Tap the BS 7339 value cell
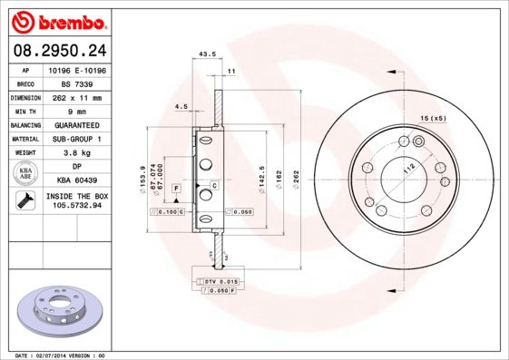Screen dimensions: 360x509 point(75,82)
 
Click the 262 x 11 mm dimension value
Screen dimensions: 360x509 point(75,96)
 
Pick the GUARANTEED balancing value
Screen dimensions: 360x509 point(75,124)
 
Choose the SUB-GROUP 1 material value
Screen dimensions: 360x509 point(75,139)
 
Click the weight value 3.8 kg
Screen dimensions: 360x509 point(75,153)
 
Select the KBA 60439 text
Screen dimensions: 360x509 point(75,181)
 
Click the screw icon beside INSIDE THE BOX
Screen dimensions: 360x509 point(23,202)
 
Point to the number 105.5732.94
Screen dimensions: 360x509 point(75,207)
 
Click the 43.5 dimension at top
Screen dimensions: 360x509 point(206,55)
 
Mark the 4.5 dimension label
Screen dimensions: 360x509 point(181,107)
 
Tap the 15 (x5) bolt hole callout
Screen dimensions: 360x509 point(432,119)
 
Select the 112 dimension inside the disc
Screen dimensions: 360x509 point(408,168)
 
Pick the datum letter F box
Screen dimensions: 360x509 point(175,187)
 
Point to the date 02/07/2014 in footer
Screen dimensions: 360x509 point(51,355)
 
